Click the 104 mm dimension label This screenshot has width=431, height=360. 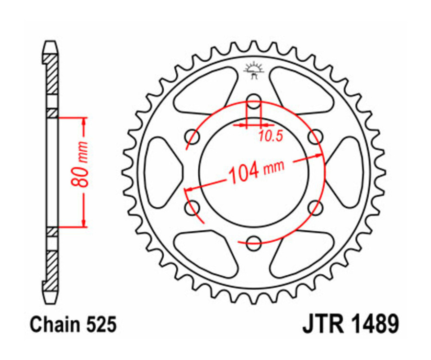pyautogui.click(x=256, y=169)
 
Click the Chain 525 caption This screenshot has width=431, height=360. pyautogui.click(x=73, y=325)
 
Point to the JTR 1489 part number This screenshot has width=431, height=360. pyautogui.click(x=350, y=325)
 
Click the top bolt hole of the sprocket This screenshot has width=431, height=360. pyautogui.click(x=254, y=101)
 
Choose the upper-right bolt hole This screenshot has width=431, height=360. pyautogui.click(x=315, y=137)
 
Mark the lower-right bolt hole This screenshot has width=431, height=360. pyautogui.click(x=315, y=207)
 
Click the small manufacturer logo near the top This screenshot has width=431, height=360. pyautogui.click(x=254, y=71)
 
